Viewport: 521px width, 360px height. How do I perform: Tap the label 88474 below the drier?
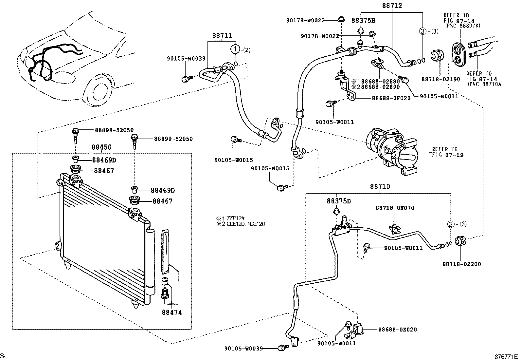click(171, 312)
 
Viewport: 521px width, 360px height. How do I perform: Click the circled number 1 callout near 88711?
click(235, 49)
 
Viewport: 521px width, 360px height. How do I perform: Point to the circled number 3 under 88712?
click(423, 31)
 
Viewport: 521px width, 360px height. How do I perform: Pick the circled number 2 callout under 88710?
click(451, 224)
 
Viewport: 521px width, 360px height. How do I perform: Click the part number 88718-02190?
click(440, 79)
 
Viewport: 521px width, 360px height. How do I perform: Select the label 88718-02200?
click(461, 264)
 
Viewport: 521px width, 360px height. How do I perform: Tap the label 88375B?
click(363, 20)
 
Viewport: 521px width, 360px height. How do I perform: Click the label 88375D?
click(338, 201)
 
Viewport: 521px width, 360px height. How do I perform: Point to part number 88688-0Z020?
click(397, 330)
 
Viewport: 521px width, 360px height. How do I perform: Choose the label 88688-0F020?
click(391, 98)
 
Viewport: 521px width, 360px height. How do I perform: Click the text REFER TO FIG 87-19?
click(447, 152)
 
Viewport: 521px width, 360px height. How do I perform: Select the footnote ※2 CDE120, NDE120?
click(240, 224)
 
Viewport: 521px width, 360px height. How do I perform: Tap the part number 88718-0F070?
click(395, 208)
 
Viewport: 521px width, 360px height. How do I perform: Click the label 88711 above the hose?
click(222, 35)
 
